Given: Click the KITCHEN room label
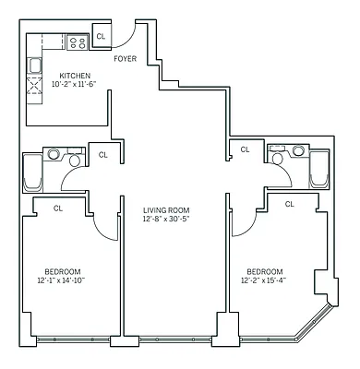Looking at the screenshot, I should pos(75,76).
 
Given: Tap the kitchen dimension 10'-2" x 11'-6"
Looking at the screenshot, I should pos(75,85).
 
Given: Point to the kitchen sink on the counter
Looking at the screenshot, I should pos(35,65).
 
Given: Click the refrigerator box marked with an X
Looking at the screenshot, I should pos(37,88).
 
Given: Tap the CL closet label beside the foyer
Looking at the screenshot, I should pos(101,37).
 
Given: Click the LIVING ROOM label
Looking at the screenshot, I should pos(166,210).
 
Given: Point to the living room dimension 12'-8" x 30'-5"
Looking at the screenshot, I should pos(166,220).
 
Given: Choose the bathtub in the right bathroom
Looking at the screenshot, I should pos(319,169).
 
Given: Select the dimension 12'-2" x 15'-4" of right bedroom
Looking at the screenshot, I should pos(265,280).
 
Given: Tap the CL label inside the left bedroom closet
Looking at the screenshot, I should pos(58,208).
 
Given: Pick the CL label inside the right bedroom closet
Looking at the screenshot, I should pos(289,204).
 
